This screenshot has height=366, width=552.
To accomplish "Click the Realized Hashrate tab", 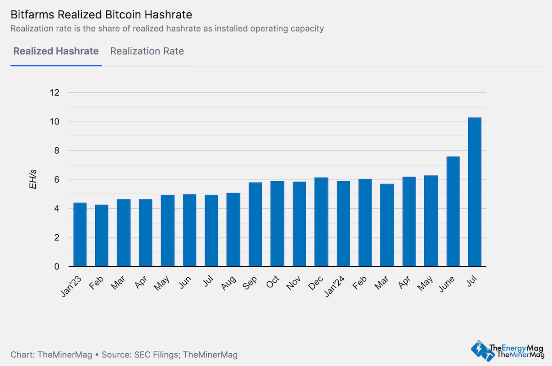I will pyautogui.click(x=56, y=51).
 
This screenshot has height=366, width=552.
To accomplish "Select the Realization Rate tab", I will pyautogui.click(x=147, y=51).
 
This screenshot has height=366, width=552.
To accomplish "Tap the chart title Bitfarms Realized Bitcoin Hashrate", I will pyautogui.click(x=101, y=16).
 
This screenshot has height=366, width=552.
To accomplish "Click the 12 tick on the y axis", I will pyautogui.click(x=54, y=93).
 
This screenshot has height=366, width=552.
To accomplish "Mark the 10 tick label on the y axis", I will pyautogui.click(x=54, y=122).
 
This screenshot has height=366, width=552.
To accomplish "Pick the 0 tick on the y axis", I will pyautogui.click(x=57, y=267).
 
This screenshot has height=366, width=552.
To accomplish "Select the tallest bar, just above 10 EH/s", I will pyautogui.click(x=475, y=192).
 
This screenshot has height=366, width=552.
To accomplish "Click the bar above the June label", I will pyautogui.click(x=453, y=211).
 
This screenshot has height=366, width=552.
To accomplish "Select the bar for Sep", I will pyautogui.click(x=255, y=224).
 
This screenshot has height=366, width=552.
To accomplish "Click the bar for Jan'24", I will pyautogui.click(x=343, y=224).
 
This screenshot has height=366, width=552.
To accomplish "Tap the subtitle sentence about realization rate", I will pyautogui.click(x=167, y=29).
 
